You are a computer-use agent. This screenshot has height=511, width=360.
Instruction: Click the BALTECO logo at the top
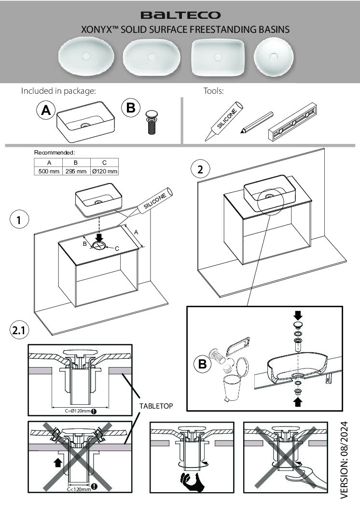click(x=180, y=15)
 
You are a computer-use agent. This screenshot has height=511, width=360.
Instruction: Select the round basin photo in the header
click(x=274, y=57)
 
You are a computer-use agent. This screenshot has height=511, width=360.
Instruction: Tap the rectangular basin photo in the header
click(x=218, y=57)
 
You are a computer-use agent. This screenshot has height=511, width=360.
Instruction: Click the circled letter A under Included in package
click(x=46, y=111)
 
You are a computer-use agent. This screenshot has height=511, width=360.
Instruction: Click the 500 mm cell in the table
click(x=48, y=171)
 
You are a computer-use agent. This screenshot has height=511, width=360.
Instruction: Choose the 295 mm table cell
click(x=76, y=171)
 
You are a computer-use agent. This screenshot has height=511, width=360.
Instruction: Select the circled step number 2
click(x=200, y=170)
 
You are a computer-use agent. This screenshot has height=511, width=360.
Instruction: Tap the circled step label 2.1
click(x=19, y=331)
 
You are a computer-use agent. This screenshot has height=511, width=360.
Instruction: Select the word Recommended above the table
click(x=54, y=153)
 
